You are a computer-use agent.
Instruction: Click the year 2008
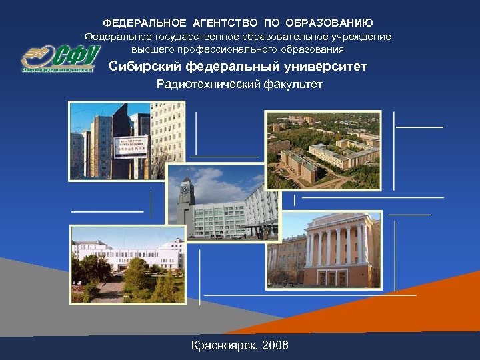275,345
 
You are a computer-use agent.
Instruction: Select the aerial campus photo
323,150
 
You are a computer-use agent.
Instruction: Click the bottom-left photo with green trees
127,264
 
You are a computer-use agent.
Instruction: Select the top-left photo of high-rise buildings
109,141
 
